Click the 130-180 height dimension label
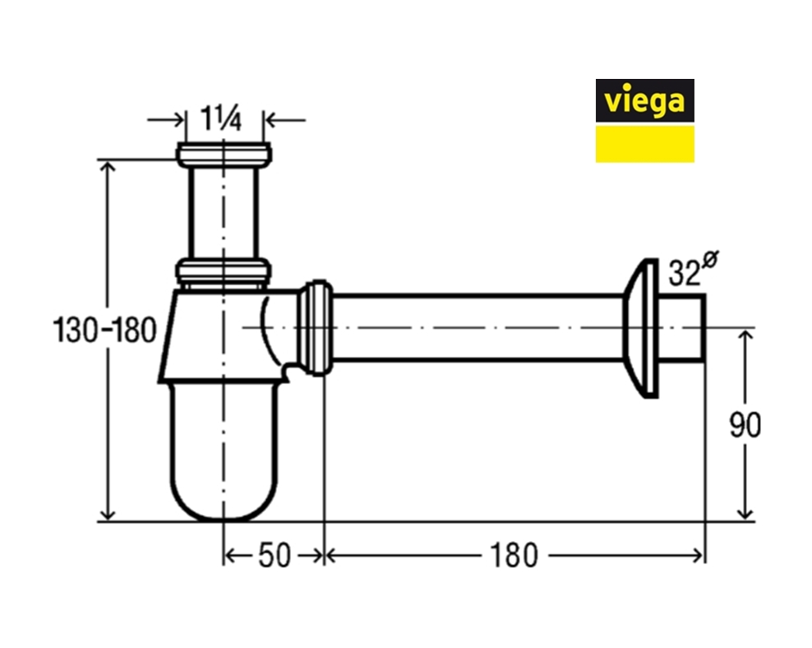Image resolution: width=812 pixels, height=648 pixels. pyautogui.click(x=104, y=331)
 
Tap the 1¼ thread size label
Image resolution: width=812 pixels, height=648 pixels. pyautogui.click(x=221, y=118)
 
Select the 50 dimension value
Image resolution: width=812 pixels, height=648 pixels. pyautogui.click(x=275, y=556)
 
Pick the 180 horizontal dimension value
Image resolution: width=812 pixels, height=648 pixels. pyautogui.click(x=514, y=556)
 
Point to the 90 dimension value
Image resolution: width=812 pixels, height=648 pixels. pyautogui.click(x=745, y=425)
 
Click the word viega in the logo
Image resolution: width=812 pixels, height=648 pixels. pyautogui.click(x=644, y=100)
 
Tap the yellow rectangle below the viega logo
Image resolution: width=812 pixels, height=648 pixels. pyautogui.click(x=644, y=144)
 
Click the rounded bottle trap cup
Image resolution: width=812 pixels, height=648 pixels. pyautogui.click(x=224, y=451)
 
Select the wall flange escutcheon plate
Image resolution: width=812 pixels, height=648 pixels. pyautogui.click(x=640, y=328)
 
